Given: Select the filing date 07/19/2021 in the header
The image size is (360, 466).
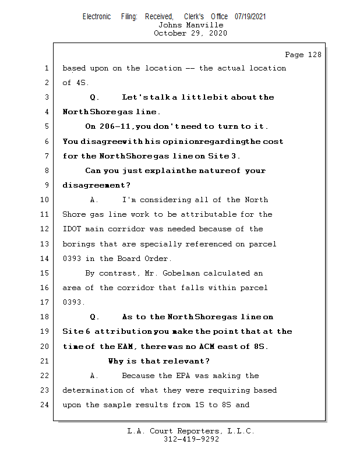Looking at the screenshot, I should (250, 17).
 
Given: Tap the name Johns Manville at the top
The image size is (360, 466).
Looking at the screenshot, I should (190, 25).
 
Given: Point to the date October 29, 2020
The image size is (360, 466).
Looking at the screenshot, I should (190, 33).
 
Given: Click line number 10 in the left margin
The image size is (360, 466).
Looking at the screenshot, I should (46, 200).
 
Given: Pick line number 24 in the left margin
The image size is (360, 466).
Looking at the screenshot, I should (46, 405).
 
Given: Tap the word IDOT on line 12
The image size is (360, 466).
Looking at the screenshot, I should (72, 229).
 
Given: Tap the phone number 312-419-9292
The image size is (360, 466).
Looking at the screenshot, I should (191, 439).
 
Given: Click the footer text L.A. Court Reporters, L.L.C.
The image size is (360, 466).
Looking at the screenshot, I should (191, 431).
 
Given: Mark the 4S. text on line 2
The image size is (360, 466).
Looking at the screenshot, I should (82, 83).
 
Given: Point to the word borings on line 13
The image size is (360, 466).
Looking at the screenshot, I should (79, 243).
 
